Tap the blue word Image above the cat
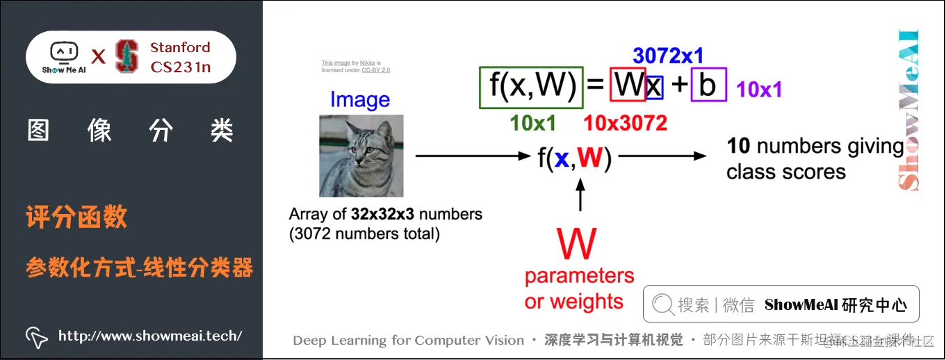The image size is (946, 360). click(x=360, y=100)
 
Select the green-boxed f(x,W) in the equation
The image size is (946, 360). click(x=531, y=86)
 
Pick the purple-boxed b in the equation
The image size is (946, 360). click(x=708, y=85)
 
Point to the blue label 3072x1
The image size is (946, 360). click(x=668, y=56)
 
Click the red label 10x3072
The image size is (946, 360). click(x=625, y=123)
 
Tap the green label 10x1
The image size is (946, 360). click(x=532, y=123)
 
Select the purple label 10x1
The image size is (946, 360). click(x=759, y=89)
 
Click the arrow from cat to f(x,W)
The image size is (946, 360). click(x=473, y=156)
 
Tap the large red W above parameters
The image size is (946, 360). click(x=577, y=244)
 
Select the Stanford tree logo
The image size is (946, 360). click(x=127, y=56)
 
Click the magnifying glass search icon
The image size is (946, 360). click(x=663, y=304)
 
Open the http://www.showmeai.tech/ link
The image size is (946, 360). click(x=150, y=336)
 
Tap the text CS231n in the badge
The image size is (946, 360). click(x=180, y=67)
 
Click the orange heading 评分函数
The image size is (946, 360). click(x=76, y=218)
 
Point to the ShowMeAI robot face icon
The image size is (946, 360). click(x=63, y=52)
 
